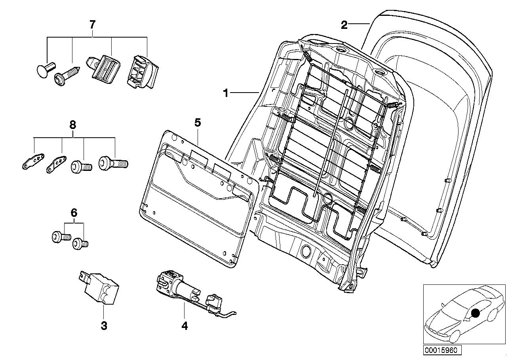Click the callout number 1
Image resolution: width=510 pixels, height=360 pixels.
click(x=226, y=93)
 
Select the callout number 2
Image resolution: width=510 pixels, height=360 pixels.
click(x=344, y=25)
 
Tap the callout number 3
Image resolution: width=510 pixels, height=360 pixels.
click(x=104, y=326)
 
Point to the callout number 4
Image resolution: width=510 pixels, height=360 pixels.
click(x=185, y=326)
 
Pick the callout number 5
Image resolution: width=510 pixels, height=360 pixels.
click(x=198, y=123)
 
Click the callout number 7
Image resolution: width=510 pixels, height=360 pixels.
click(x=92, y=25)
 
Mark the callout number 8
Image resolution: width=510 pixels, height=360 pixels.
click(x=72, y=125)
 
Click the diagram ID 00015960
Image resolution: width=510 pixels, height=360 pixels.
click(x=442, y=350)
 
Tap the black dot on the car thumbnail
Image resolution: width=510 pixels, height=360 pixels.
click(x=476, y=313)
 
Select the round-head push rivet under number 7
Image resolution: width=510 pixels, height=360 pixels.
click(x=45, y=68)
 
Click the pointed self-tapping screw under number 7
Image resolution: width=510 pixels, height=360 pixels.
click(x=66, y=76)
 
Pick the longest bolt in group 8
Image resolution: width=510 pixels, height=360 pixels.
click(x=113, y=163)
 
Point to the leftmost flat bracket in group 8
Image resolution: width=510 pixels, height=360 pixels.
click(x=33, y=161)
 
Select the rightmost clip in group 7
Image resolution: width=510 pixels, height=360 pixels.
click(x=142, y=72)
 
